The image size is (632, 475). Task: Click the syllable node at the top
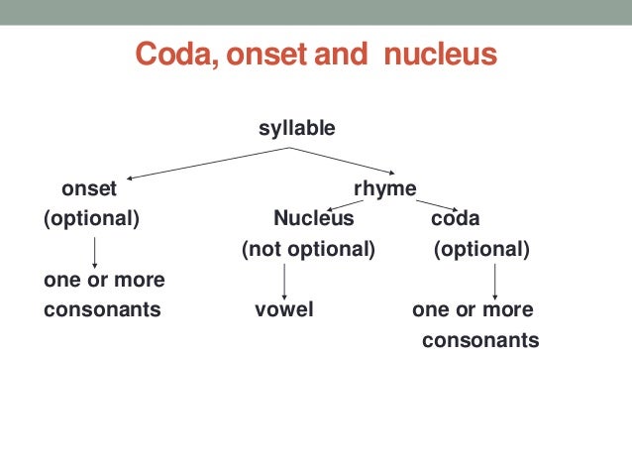click(x=297, y=128)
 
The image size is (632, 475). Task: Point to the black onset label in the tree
click(x=89, y=188)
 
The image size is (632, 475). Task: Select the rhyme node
click(x=385, y=188)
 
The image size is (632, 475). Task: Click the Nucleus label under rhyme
click(x=313, y=218)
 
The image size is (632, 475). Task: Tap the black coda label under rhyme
click(x=455, y=218)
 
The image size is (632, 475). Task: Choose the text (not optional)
click(x=309, y=249)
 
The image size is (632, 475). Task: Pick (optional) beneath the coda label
click(x=481, y=249)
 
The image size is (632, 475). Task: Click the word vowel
click(x=284, y=309)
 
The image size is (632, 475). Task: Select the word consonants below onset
click(x=102, y=309)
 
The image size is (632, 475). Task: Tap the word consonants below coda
click(x=480, y=340)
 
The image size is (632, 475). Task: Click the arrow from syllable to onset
click(x=208, y=163)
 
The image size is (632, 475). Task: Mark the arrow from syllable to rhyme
click(x=343, y=163)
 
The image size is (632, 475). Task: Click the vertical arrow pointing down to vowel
click(x=285, y=280)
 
